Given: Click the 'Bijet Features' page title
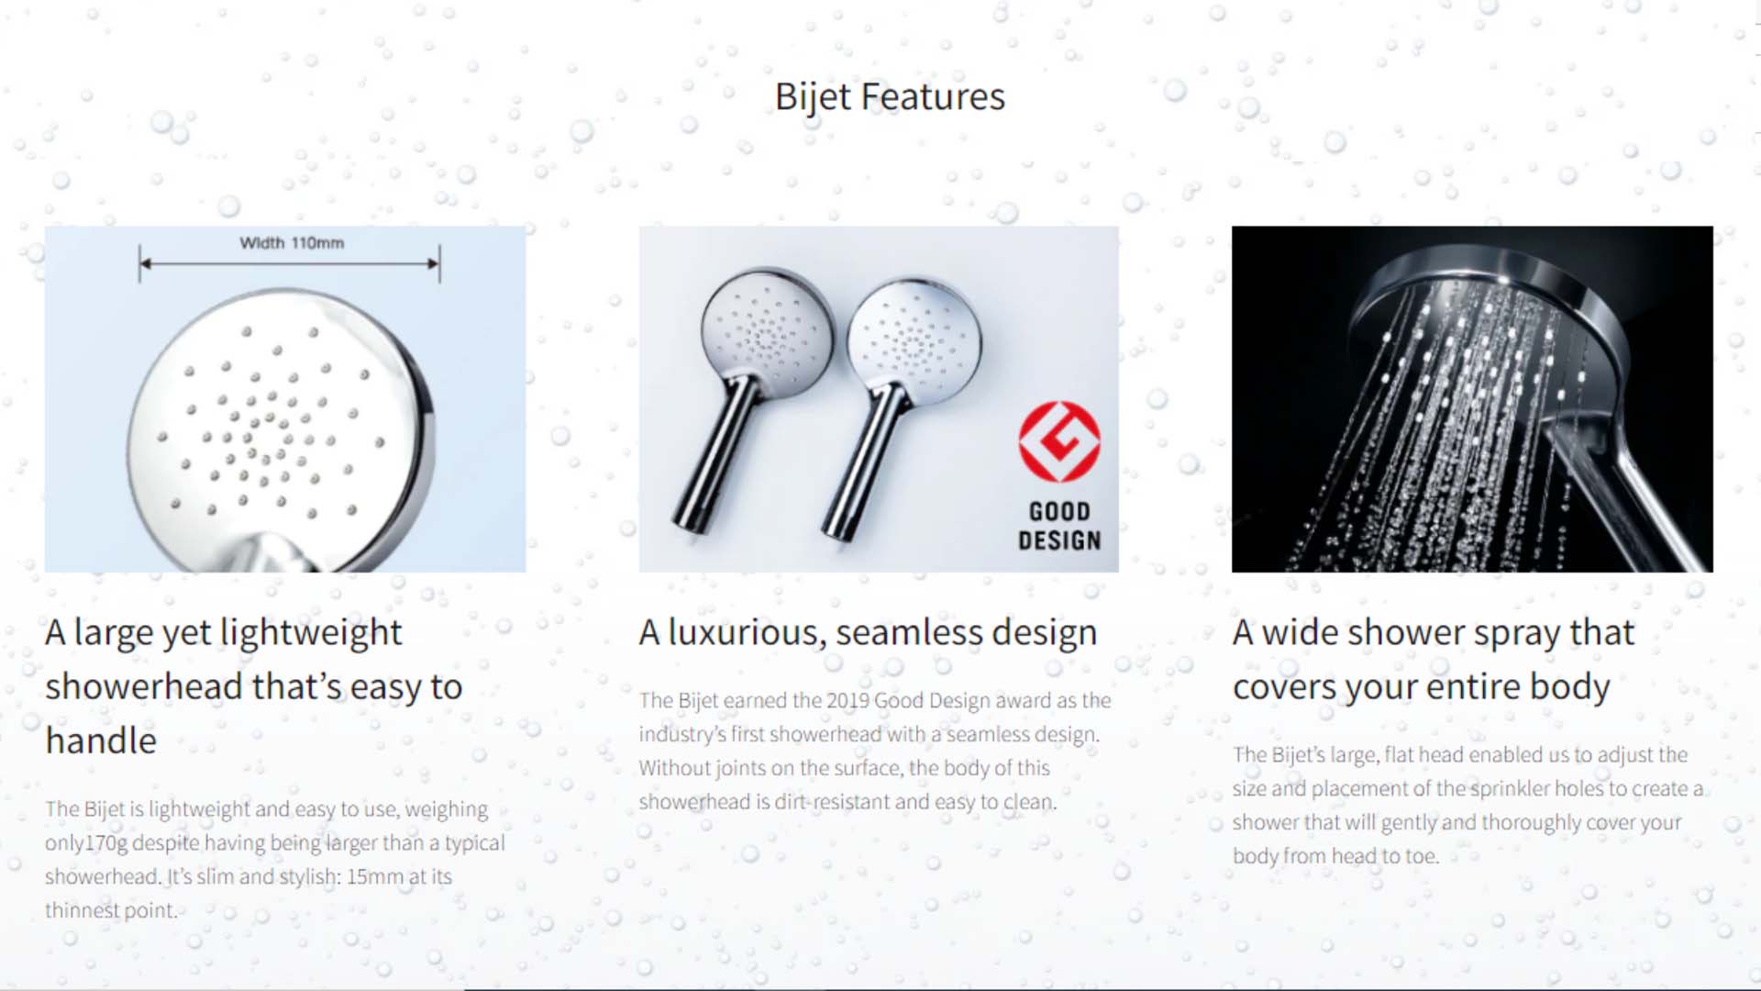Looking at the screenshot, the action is pyautogui.click(x=890, y=97).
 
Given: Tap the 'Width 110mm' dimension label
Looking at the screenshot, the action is pyautogui.click(x=292, y=243).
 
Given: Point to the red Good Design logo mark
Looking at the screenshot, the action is pyautogui.click(x=1059, y=441).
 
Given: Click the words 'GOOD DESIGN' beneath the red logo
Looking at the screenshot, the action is pyautogui.click(x=1059, y=526).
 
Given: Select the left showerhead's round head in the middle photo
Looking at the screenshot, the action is pyautogui.click(x=767, y=334).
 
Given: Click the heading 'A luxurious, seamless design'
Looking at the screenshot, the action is pyautogui.click(x=868, y=633).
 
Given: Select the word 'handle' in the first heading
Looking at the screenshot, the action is pyautogui.click(x=101, y=740).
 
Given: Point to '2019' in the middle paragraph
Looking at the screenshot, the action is pyautogui.click(x=847, y=700).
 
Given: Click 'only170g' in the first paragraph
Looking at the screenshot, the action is pyautogui.click(x=86, y=843).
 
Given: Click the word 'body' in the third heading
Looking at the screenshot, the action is pyautogui.click(x=1570, y=687).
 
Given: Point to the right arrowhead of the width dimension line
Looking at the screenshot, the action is pyautogui.click(x=434, y=264).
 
